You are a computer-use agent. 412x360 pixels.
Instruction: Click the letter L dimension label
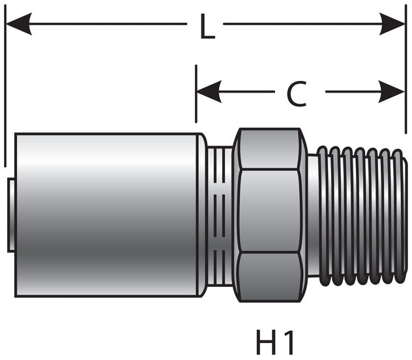pyautogui.click(x=206, y=28)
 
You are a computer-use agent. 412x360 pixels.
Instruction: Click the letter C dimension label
pyautogui.click(x=297, y=94)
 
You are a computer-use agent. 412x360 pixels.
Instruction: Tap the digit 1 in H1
pyautogui.click(x=287, y=342)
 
